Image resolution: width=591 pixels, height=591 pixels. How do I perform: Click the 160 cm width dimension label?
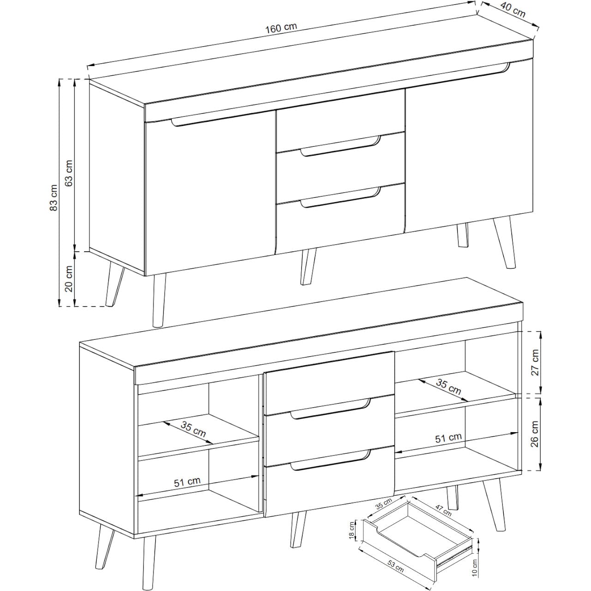(281, 28)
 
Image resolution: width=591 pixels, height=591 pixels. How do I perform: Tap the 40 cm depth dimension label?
(513, 10)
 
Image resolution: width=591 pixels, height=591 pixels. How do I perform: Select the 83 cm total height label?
(54, 198)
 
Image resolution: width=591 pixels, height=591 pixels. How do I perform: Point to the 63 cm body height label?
(69, 173)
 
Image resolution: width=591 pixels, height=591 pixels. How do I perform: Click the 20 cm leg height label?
(69, 278)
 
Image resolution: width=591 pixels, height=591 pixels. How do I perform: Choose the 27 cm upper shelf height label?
(535, 362)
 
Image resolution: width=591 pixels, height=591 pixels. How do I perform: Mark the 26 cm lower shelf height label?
(535, 434)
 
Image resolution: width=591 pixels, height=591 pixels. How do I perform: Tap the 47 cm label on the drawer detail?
(444, 510)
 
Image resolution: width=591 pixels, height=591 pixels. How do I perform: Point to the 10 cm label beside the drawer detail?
(474, 567)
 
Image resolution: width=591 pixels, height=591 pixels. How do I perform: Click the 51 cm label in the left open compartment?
(187, 482)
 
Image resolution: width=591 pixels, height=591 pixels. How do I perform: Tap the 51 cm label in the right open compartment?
(448, 438)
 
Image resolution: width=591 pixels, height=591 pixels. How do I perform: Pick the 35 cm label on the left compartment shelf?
(193, 429)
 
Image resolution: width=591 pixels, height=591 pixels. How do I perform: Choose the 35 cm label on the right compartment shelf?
(448, 387)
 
